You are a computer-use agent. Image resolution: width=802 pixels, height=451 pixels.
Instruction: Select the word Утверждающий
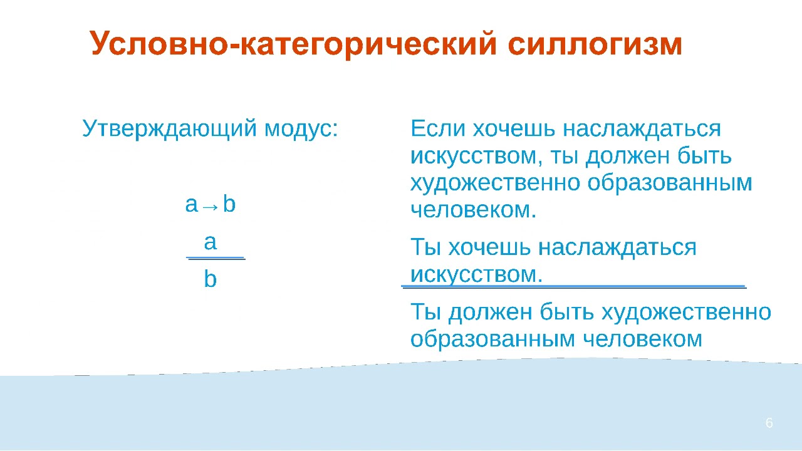[170, 129]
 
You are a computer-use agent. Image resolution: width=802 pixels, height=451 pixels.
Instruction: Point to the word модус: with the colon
[301, 129]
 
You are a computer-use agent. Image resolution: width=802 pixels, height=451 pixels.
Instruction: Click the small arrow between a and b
[211, 206]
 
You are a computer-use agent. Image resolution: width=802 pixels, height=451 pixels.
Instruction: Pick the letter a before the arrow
[192, 205]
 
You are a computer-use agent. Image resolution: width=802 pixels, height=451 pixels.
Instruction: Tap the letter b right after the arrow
[229, 204]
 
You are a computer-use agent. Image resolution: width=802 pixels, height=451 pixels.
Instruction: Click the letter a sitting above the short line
[211, 242]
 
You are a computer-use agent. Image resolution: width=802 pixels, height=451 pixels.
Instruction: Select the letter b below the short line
[211, 279]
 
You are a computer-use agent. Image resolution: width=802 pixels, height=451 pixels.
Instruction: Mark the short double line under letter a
[216, 257]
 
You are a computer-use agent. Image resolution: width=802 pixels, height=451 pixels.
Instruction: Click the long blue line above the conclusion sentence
[573, 286]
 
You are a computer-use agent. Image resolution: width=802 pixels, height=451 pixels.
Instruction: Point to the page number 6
[769, 423]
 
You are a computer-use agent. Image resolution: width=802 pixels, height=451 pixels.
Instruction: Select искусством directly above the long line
[476, 274]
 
